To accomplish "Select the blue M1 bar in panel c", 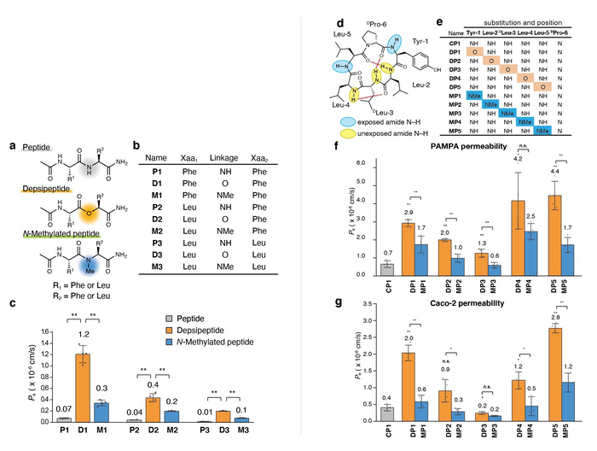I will coord(125,411).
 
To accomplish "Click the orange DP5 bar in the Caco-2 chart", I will coord(556,378).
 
